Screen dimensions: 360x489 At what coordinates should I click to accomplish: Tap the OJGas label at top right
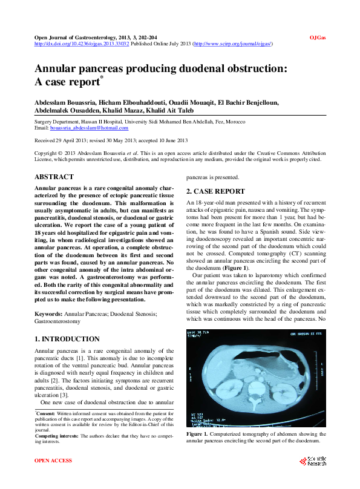[318, 38]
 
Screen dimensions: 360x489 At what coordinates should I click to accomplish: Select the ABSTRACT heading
[54, 177]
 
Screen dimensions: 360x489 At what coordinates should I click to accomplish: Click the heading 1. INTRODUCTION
[67, 339]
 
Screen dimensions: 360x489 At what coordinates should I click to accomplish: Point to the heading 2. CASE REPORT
[215, 191]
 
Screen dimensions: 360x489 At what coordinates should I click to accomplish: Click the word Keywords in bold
[48, 313]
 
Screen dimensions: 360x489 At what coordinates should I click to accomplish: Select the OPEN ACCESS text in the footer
[53, 461]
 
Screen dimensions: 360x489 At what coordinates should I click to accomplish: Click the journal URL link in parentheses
[233, 44]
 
